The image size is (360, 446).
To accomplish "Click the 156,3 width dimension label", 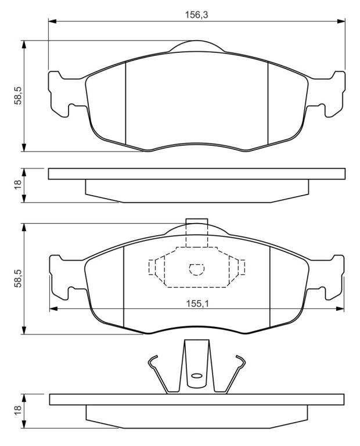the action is point(196,15).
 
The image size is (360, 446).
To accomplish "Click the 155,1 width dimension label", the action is point(197,304).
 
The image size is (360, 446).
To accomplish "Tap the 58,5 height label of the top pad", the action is point(18,96).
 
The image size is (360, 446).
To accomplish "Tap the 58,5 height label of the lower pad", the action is point(18,278).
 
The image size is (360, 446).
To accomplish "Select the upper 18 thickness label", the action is point(18,185).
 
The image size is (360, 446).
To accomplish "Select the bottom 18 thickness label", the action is point(18,411).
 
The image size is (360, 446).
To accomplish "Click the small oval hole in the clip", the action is point(196,376).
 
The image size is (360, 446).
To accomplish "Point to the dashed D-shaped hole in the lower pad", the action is point(197,269).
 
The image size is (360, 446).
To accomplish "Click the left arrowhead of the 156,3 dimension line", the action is point(53,21).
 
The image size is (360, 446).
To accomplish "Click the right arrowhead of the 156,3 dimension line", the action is point(341,21).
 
